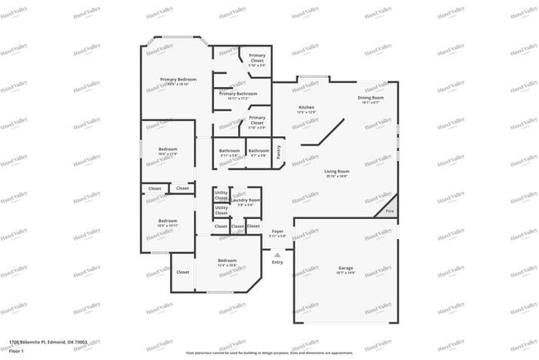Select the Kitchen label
coord(306,108)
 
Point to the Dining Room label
coord(371,98)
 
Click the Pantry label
coord(279,151)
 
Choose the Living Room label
coord(336,171)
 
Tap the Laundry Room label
coord(246,200)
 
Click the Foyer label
coord(278,231)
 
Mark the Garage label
coord(345,268)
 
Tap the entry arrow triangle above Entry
coord(278,254)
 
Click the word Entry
coord(278,262)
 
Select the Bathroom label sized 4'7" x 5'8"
coord(258,151)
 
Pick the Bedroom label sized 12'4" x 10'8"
coord(227,260)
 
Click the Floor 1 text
coord(17,351)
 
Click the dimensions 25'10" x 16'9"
coord(336,176)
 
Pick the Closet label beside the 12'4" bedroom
coord(183,271)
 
